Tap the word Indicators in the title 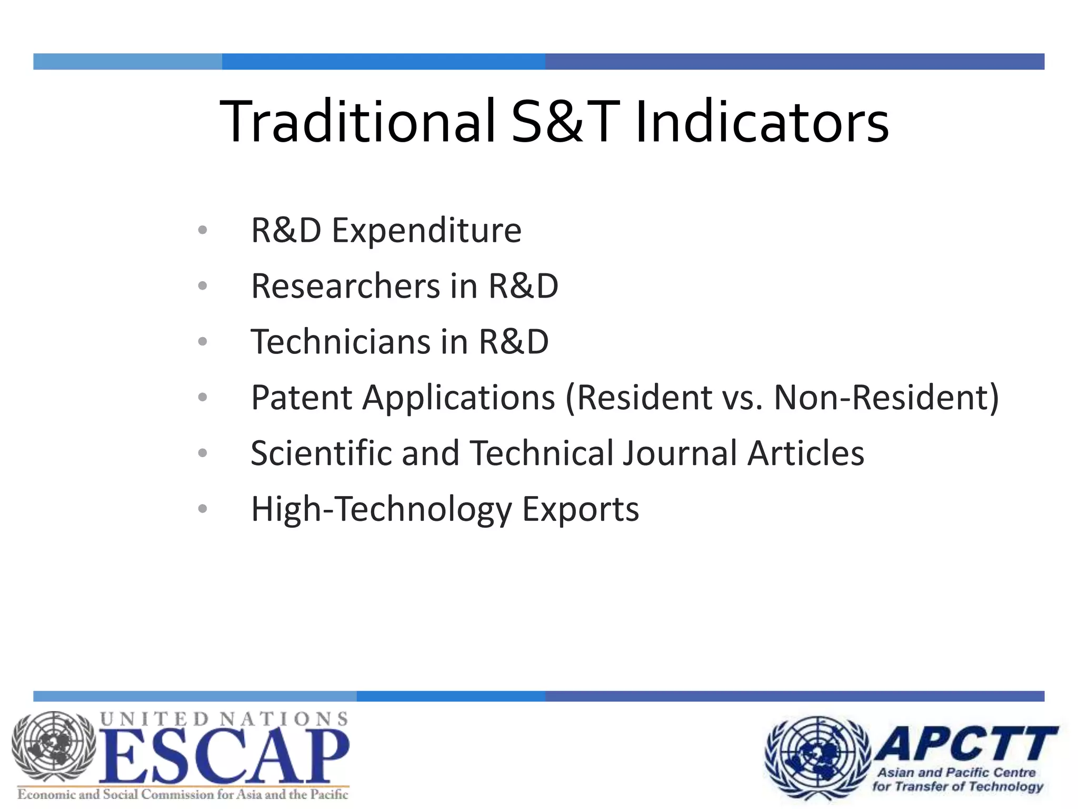[762, 122]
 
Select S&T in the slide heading [565, 122]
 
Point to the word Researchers [345, 287]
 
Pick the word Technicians [341, 342]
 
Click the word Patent [301, 398]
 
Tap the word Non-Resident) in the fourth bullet [886, 398]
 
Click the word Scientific [321, 453]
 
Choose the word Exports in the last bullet [580, 509]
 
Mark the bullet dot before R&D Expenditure [203, 230]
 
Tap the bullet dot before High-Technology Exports [203, 509]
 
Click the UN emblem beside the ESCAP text [54, 747]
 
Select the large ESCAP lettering [224, 756]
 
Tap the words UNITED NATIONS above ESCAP [224, 719]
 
